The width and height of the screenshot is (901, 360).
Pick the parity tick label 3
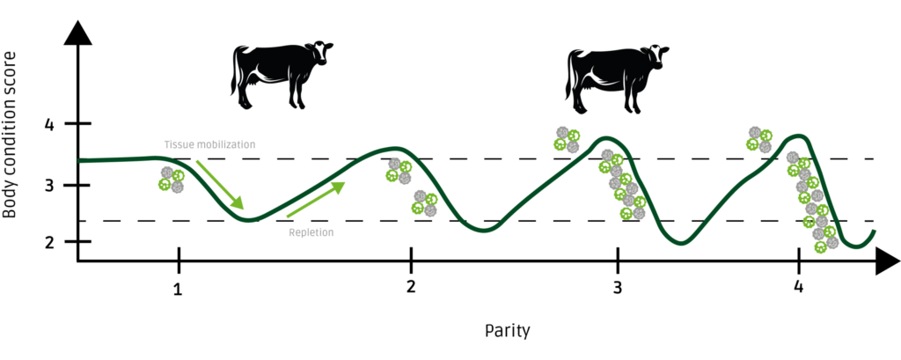[x=618, y=288]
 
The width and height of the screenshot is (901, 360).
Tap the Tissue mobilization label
[x=209, y=144]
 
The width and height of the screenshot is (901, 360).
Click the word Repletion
[x=311, y=232]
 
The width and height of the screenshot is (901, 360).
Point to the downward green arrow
[x=220, y=185]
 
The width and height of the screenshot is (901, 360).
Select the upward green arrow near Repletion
[x=316, y=199]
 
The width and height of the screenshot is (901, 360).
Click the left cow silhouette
[x=281, y=74]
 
